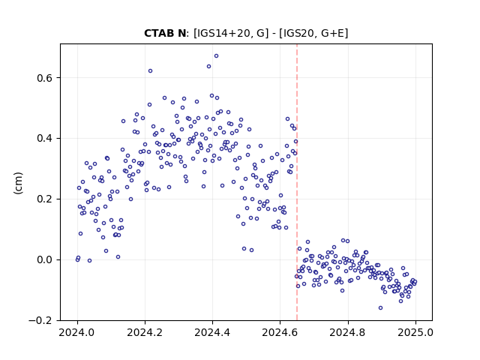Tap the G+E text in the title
coord(332,33)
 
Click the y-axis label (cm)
coord(18,183)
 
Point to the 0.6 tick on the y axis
coord(45,78)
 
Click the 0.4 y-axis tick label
coord(45,138)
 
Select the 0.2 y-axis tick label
coord(45,199)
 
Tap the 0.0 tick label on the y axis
coord(45,260)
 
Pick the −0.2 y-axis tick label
coord(40,320)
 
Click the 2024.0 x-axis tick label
coord(77,332)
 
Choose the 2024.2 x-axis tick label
coord(145,332)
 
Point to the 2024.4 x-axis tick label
coord(212,332)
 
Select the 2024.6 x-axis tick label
coord(280,332)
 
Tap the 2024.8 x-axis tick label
coord(348,332)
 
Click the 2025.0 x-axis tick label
coord(415,332)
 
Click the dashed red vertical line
coord(297,182)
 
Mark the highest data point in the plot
coord(217,56)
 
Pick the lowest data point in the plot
coord(380,308)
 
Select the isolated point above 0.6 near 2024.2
coord(150,71)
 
